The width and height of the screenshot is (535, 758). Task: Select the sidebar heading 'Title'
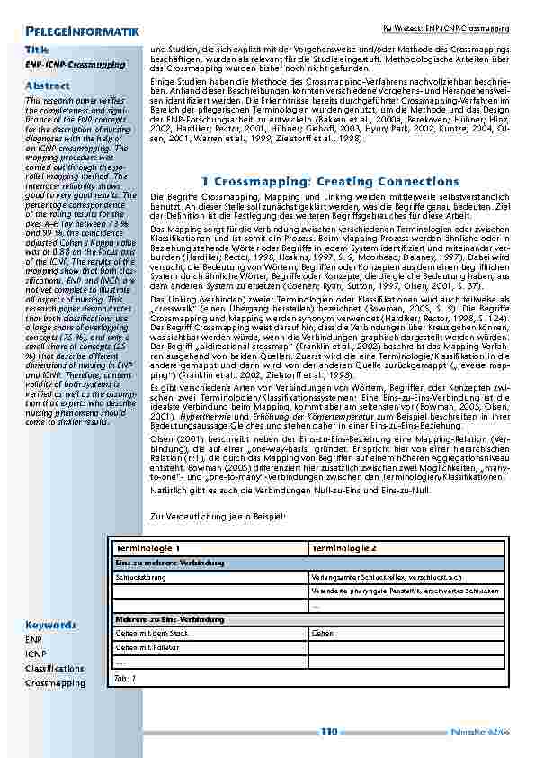(38, 50)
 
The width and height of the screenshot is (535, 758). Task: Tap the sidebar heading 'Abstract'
(47, 86)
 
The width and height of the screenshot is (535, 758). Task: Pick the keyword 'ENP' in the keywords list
(33, 638)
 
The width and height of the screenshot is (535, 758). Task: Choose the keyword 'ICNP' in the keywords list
(35, 654)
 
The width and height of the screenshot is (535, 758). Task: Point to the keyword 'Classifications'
(55, 669)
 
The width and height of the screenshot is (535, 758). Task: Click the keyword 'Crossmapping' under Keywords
(55, 683)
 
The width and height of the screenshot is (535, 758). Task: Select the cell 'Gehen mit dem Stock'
(147, 634)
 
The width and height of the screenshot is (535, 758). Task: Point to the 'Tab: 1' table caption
(125, 678)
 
